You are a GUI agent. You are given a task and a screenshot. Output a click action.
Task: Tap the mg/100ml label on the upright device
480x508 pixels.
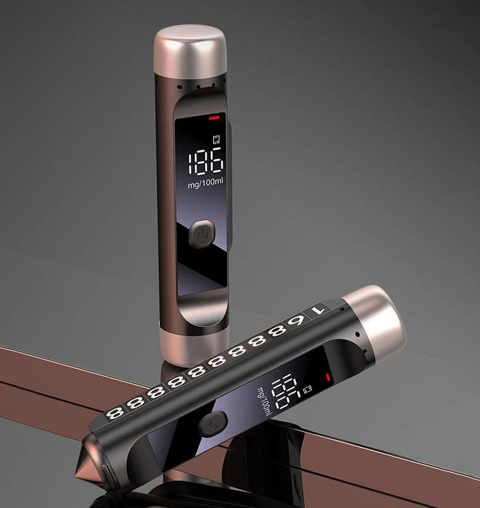coord(206,183)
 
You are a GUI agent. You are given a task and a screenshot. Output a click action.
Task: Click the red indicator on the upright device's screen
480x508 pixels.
coord(214,118)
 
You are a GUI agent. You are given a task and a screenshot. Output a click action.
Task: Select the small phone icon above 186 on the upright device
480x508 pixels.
coord(217,139)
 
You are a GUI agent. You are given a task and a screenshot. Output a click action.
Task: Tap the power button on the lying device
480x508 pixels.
coord(212,424)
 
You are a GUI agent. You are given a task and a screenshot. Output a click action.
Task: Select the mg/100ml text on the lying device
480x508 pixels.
coord(264,401)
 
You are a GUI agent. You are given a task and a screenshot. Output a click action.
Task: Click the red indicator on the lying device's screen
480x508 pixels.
coord(327,377)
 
